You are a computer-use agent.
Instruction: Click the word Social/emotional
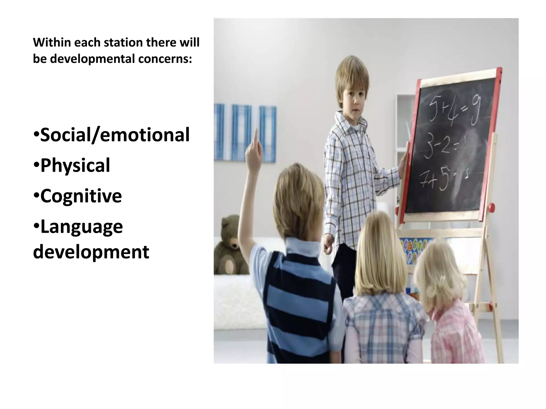click(x=115, y=135)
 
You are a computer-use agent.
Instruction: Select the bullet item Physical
click(x=75, y=165)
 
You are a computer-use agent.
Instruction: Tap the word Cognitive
click(x=81, y=196)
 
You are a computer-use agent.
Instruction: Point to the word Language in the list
click(x=81, y=227)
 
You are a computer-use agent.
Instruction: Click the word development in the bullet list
click(x=91, y=252)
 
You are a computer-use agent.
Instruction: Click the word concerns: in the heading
click(x=165, y=59)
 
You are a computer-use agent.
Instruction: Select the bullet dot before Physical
click(x=37, y=165)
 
